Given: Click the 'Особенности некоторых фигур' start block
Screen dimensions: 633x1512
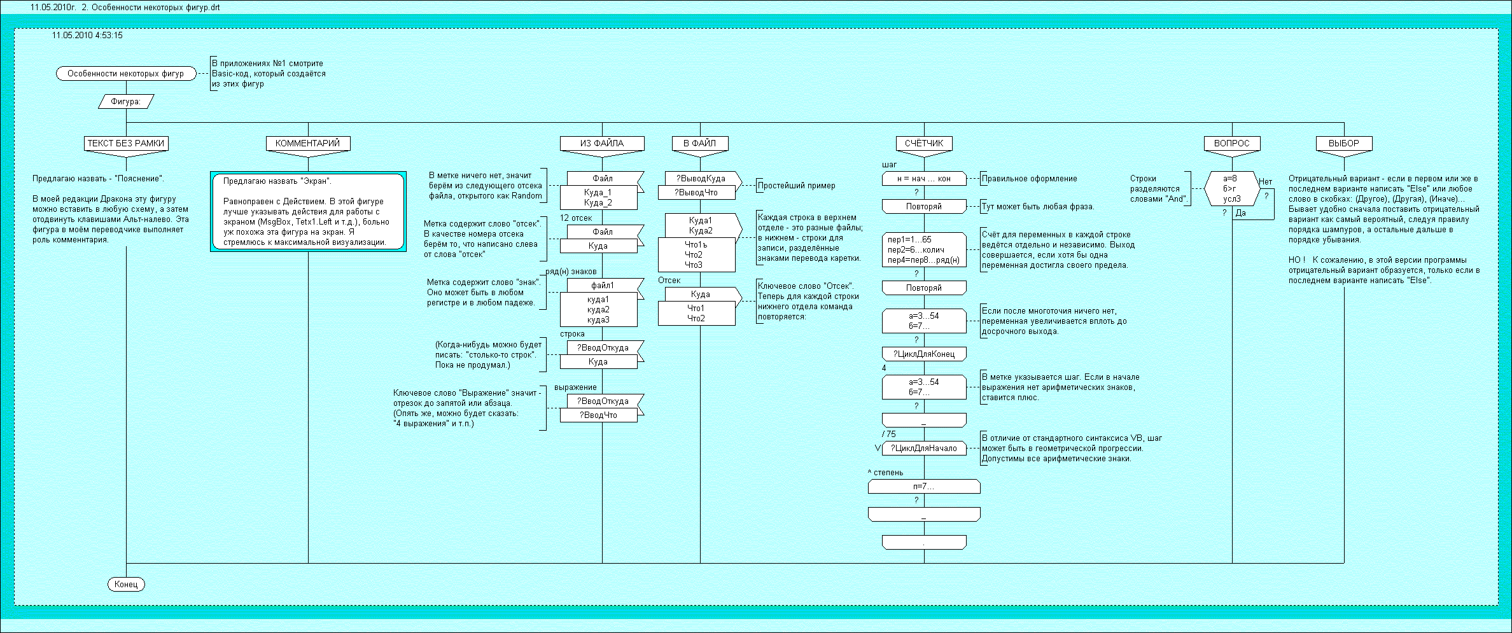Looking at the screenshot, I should pos(125,74).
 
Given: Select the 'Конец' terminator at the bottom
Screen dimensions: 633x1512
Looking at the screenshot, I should pos(126,584).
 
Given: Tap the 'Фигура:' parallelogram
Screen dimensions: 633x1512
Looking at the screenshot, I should pos(126,101).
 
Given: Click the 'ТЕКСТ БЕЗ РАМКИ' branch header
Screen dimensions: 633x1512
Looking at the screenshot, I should pos(126,143).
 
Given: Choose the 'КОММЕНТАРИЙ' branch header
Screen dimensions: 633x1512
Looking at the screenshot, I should pos(308,143).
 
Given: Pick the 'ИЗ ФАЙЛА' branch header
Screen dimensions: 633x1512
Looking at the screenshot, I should pos(601,143).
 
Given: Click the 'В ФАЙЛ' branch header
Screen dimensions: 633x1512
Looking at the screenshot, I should pos(700,143).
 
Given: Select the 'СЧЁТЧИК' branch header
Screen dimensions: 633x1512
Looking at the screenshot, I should pos(924,143).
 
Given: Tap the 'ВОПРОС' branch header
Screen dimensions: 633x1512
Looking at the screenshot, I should pos(1231,143).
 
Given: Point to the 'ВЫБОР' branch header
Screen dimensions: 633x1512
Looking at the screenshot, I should pos(1343,143).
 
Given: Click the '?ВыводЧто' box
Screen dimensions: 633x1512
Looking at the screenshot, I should pos(696,193).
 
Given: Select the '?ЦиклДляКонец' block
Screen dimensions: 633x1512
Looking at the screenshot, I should pos(924,354).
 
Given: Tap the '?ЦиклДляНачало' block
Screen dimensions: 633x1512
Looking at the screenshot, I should pos(924,448).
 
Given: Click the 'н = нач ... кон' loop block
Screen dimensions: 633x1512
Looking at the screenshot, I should pos(924,179).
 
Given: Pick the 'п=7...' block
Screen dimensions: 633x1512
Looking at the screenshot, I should pos(924,487).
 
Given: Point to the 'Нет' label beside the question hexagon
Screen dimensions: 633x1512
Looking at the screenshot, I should pos(1265,182).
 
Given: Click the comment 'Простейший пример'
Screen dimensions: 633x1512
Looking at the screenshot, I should pos(796,186).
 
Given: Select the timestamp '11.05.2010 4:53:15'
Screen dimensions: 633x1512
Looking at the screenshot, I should pos(88,36).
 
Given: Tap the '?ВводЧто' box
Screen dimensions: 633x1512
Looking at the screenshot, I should pos(598,415).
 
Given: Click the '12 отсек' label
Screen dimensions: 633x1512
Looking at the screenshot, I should pos(576,218).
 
